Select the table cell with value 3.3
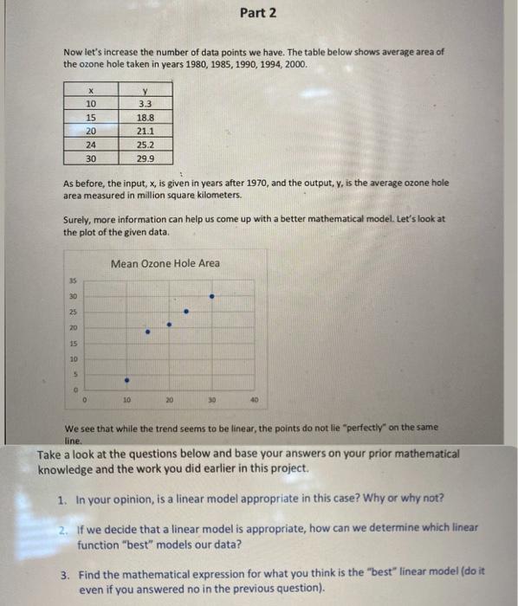(145, 102)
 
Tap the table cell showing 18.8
(145, 117)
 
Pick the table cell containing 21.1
(145, 131)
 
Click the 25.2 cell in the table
(145, 145)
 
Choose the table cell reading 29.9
(145, 159)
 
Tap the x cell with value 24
(90, 145)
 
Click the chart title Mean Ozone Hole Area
(165, 263)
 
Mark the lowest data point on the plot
(126, 379)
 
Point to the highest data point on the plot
(212, 296)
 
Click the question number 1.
(62, 500)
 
